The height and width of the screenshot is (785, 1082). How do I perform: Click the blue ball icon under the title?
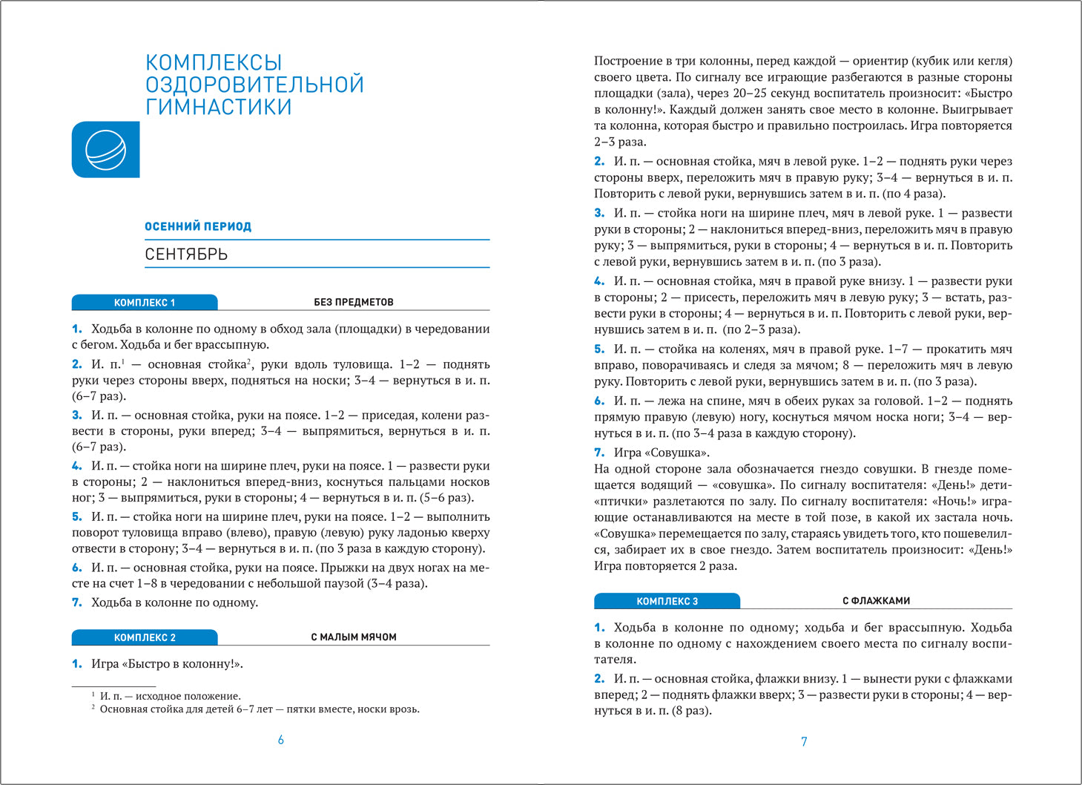105,149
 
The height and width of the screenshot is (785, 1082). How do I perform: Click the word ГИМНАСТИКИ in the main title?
218,107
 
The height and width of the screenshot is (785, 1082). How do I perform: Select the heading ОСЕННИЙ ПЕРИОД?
198,226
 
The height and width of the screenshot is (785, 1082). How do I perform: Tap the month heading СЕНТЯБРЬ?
186,254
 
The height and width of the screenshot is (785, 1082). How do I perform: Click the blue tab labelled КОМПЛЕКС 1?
145,303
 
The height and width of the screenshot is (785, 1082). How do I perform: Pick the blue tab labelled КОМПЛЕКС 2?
145,637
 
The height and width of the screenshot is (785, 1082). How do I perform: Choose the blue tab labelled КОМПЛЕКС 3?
667,601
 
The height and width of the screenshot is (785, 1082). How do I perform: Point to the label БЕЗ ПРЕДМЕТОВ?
354,302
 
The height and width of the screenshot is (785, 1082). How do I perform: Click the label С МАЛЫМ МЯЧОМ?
354,637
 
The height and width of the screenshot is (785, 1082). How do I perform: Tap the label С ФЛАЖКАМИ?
876,601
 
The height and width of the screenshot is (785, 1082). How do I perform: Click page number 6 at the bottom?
280,740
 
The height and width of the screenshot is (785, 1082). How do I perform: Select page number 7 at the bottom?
804,741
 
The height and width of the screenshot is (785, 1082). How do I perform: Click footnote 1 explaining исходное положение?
170,696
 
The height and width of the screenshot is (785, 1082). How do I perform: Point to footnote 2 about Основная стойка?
260,709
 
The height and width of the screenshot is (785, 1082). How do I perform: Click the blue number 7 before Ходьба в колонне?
76,602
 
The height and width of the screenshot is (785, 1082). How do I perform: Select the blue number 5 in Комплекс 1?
76,516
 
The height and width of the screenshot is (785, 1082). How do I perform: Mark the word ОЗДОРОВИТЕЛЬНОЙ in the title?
254,85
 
